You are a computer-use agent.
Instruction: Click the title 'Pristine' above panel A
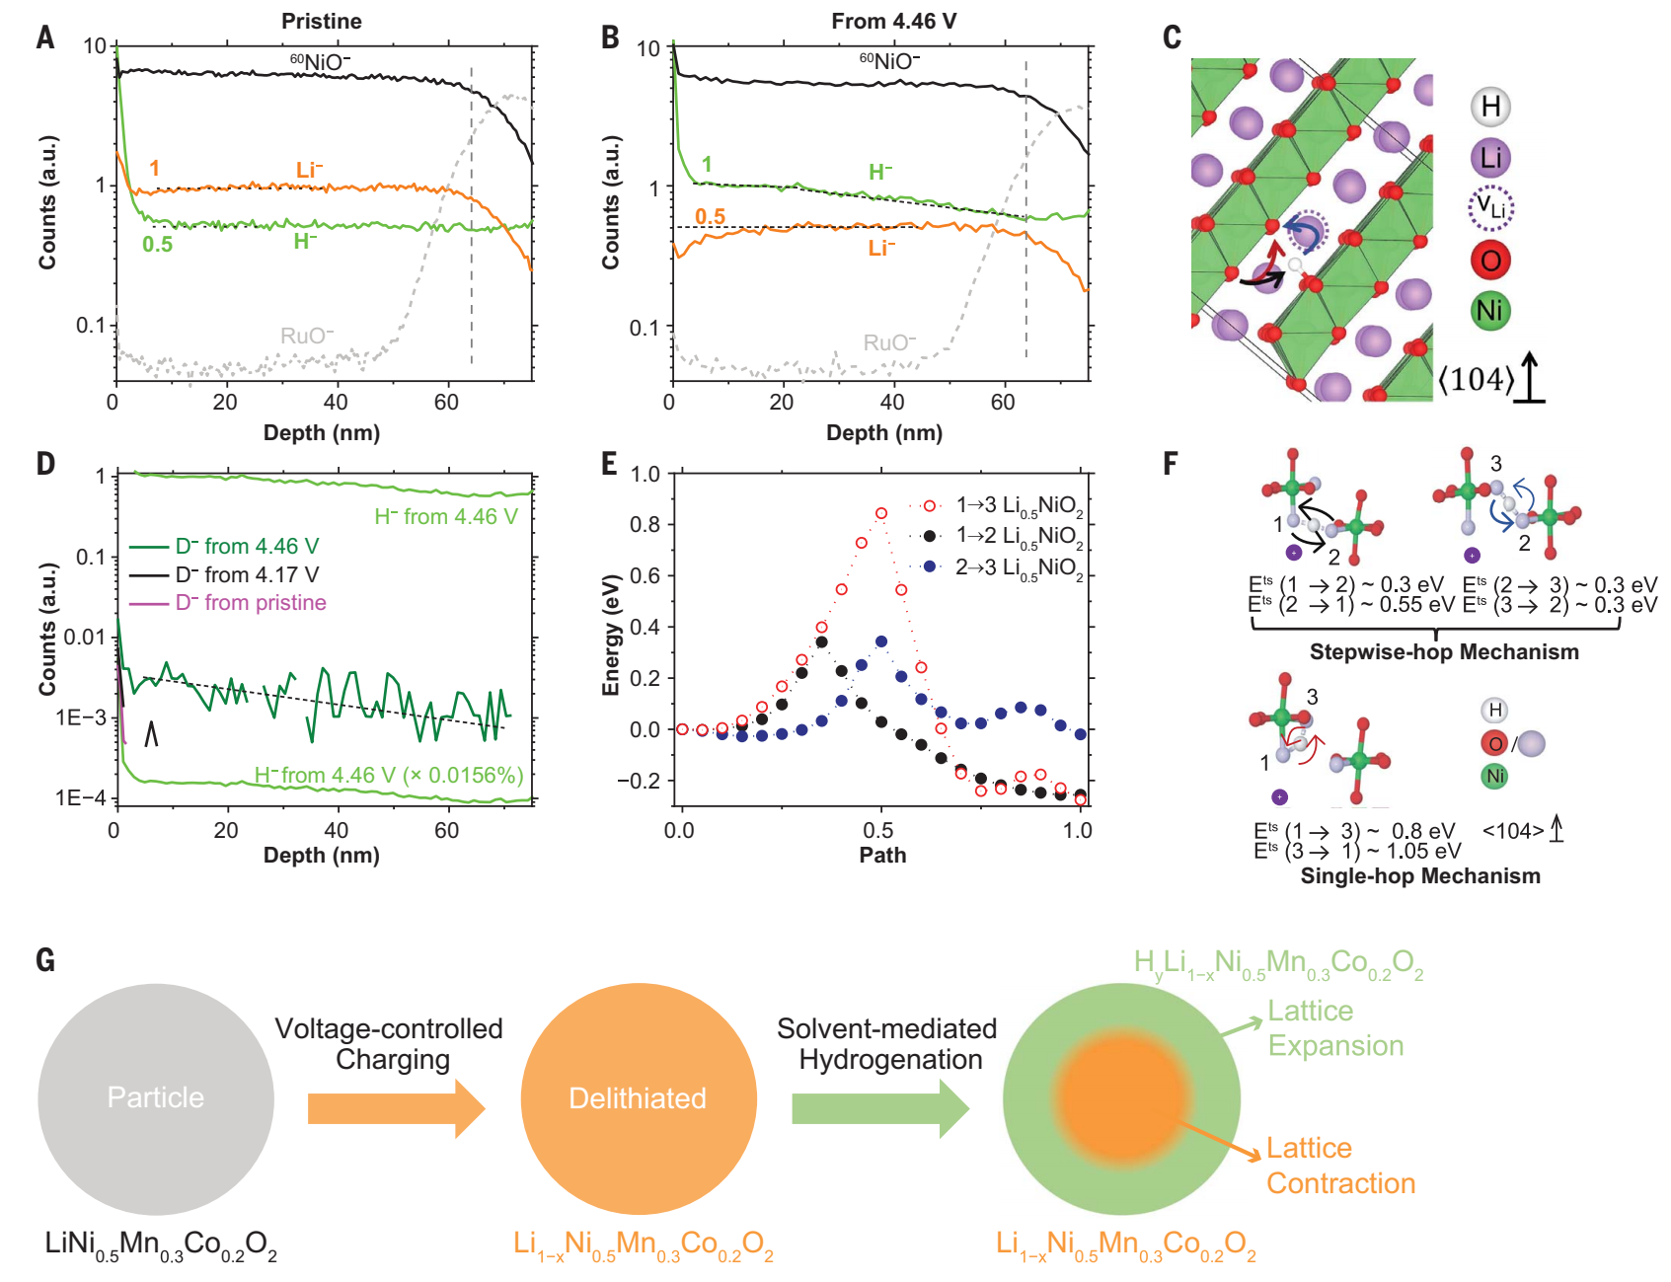point(321,21)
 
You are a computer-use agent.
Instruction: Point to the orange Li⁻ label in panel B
point(881,248)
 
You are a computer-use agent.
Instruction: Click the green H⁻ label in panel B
point(880,173)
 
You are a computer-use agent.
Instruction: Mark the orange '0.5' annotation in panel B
point(710,216)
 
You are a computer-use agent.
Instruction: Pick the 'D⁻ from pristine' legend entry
point(250,603)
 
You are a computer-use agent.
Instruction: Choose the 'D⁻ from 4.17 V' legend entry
point(246,574)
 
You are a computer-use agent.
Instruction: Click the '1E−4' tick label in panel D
point(81,797)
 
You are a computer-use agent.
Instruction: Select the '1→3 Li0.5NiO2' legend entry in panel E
point(1017,506)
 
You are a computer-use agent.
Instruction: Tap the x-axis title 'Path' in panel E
point(882,855)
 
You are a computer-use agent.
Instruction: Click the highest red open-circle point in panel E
point(881,513)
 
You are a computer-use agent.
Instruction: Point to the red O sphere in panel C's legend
point(1490,261)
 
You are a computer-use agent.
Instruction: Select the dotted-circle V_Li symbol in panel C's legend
point(1490,208)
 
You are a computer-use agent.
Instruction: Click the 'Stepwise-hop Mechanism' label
point(1443,652)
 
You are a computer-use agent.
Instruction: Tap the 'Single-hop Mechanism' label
point(1419,876)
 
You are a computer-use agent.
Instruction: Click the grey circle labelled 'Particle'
point(156,1097)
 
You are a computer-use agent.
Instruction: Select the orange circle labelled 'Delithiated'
point(638,1097)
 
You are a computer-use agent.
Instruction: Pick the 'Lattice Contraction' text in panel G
point(1339,1166)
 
